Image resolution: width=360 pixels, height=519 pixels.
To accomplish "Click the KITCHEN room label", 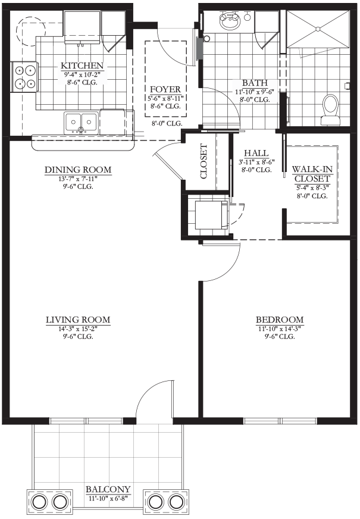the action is tap(82, 65).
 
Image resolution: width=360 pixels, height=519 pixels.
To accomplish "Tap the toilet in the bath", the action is tap(331, 110).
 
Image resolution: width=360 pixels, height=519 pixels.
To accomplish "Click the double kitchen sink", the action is tap(82, 123).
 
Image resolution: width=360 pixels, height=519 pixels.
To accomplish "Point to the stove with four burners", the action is tap(25, 77).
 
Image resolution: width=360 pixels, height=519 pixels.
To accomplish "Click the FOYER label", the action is tap(165, 89).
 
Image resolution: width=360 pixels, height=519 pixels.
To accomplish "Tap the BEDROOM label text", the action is tap(280, 320).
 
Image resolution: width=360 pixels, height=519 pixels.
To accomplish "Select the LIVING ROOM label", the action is tap(78, 320).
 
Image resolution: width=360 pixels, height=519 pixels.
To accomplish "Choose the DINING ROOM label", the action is tap(78, 170).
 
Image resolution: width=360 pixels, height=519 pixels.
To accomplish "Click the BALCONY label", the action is tap(108, 489).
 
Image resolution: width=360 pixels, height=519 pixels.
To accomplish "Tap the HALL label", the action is tap(256, 153).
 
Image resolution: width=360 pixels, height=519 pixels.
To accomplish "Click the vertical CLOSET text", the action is tap(204, 161).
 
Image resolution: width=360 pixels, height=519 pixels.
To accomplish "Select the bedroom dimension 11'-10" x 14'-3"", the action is tap(280, 329).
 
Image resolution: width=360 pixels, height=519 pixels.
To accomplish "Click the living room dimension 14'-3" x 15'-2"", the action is tap(78, 329).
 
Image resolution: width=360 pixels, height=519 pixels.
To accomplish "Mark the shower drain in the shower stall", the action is tap(318, 29).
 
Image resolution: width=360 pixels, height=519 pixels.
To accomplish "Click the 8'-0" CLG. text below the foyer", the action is tap(167, 124).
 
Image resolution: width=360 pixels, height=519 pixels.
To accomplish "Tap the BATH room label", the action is tap(255, 83).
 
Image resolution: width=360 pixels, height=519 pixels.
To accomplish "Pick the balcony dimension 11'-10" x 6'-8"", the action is tap(108, 498).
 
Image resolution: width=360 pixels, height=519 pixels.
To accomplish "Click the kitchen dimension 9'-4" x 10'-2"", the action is tap(82, 74).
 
